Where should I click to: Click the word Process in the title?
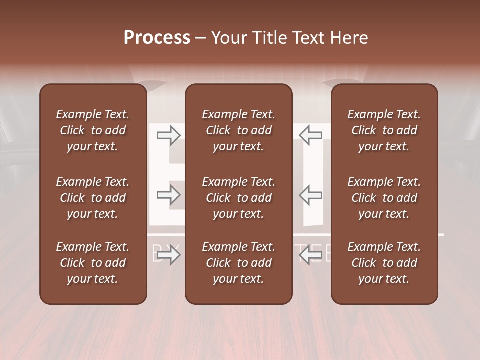coord(157,38)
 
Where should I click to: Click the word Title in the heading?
coord(269,38)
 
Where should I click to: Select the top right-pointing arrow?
coord(168,135)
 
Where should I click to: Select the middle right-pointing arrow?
coord(168,195)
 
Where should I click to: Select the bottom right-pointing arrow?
coord(168,256)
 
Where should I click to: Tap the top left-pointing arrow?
coord(311,135)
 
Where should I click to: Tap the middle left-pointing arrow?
coord(311,195)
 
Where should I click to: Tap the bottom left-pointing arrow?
coord(311,256)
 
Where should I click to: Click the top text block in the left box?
coord(93,130)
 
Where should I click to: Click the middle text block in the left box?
coord(93,198)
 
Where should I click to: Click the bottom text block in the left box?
coord(93,263)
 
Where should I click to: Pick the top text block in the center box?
coord(239,130)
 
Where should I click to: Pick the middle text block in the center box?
coord(239,198)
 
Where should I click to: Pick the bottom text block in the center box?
coord(239,263)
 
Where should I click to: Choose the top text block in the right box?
coord(384,130)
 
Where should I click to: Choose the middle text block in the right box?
coord(384,198)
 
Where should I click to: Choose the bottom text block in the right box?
coord(384,263)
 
